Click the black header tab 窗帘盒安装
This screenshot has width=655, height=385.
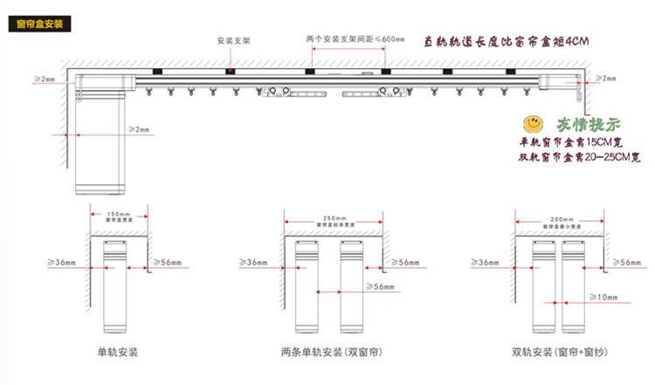(40, 23)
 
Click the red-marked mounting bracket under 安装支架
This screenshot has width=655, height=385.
(231, 70)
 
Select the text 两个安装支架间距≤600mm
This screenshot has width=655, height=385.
(344, 40)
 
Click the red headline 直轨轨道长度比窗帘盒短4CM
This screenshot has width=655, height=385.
(507, 41)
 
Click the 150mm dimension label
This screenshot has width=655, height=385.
(117, 213)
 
